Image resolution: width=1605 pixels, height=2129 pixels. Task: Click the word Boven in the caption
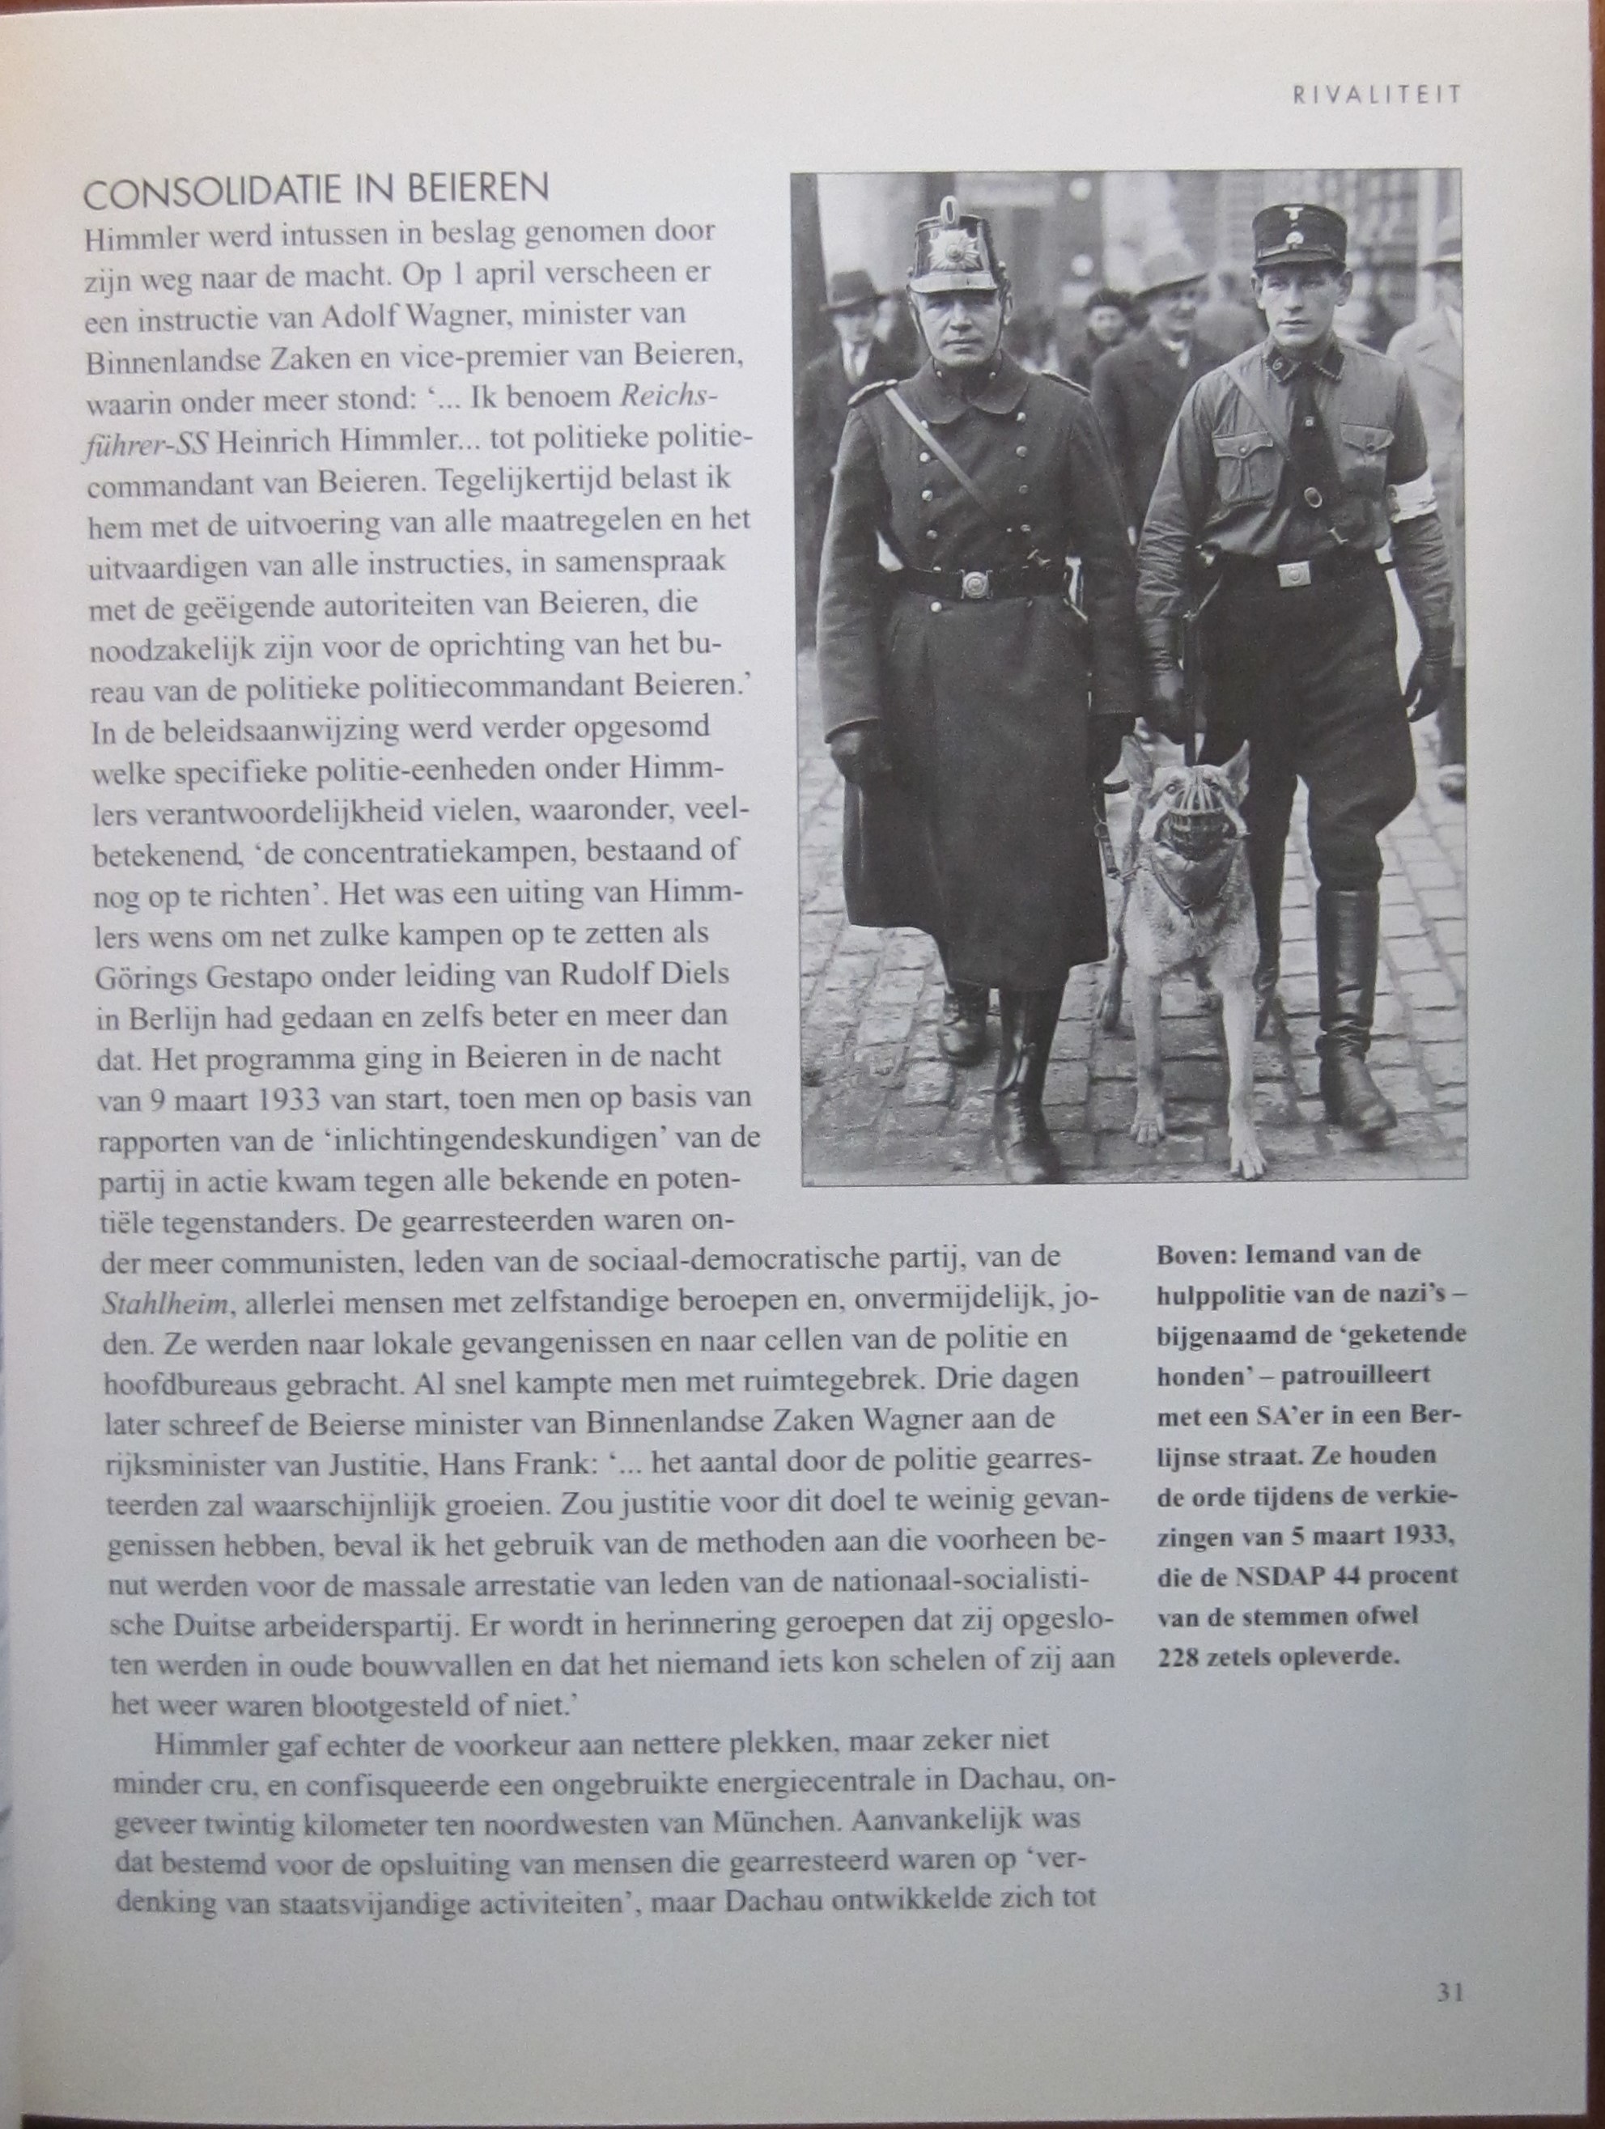1188,1255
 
